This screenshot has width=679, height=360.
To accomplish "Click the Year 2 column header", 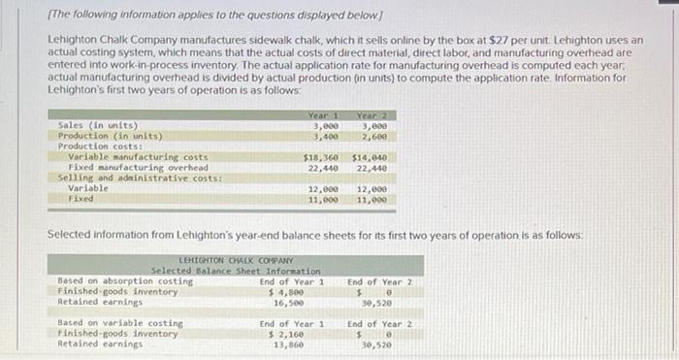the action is [373, 115].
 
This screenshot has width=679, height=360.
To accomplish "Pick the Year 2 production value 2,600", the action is [374, 136].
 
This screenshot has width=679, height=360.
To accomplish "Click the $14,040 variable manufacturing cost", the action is [370, 156].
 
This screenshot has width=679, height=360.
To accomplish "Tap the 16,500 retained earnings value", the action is [291, 302].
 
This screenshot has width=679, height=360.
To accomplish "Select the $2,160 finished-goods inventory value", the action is [289, 333].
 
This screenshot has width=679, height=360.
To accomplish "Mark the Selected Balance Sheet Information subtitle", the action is [236, 271].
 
